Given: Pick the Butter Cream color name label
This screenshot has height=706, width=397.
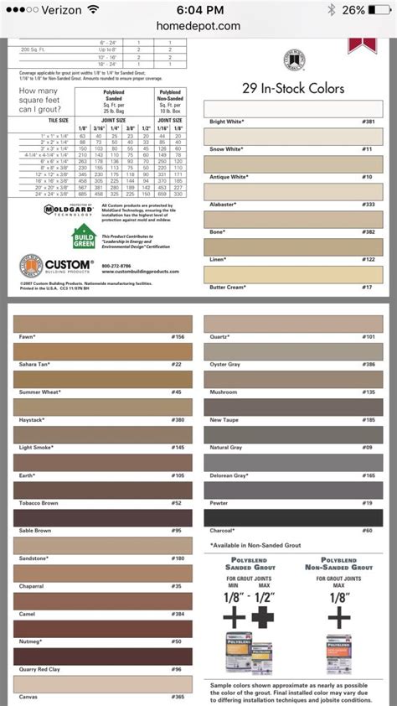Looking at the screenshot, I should pyautogui.click(x=226, y=288).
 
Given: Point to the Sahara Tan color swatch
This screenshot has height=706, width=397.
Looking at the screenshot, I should pyautogui.click(x=102, y=352).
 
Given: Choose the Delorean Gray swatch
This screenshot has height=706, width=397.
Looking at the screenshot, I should pyautogui.click(x=294, y=463).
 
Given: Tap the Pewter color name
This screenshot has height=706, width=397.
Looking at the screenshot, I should pyautogui.click(x=219, y=502).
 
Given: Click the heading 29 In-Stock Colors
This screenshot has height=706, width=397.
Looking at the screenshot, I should pyautogui.click(x=292, y=88).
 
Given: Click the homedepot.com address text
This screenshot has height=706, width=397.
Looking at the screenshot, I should pyautogui.click(x=198, y=26).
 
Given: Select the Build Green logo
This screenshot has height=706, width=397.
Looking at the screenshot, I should pyautogui.click(x=83, y=237).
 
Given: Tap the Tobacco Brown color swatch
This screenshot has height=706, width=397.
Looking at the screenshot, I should pyautogui.click(x=102, y=491).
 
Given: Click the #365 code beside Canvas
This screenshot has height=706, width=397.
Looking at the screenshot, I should pyautogui.click(x=178, y=696).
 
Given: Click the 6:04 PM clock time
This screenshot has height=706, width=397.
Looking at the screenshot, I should pyautogui.click(x=198, y=10).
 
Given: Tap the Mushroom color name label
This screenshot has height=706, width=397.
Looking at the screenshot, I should pyautogui.click(x=224, y=392).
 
